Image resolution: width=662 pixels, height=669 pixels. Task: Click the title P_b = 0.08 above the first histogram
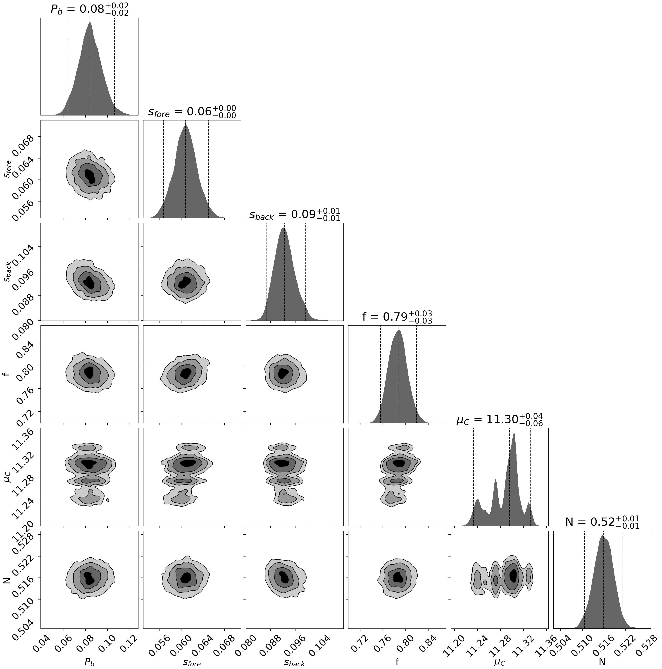89,9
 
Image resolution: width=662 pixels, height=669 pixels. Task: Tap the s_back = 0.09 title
295,214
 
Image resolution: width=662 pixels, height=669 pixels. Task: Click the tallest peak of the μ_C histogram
514,434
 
